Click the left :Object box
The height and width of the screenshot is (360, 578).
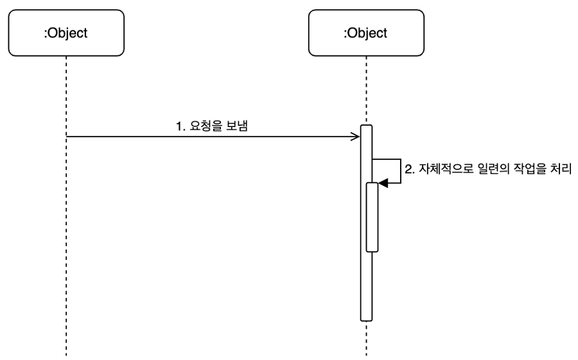tap(66, 32)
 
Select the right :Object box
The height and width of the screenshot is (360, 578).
tap(366, 32)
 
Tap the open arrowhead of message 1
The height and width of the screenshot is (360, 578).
tap(355, 136)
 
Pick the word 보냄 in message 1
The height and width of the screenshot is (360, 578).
tap(236, 126)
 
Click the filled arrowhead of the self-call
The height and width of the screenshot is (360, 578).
tap(383, 183)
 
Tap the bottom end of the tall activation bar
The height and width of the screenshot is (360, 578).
tap(366, 318)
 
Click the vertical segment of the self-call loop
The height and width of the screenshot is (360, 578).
tap(401, 171)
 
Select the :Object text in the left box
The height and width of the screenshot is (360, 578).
tap(66, 32)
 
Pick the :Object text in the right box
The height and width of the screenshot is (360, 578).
tap(366, 32)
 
